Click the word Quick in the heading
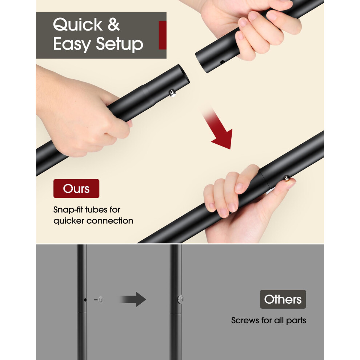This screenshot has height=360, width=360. pos(77,25)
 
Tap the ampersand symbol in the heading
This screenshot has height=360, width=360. pos(114,24)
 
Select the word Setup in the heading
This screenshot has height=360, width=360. pos(119,44)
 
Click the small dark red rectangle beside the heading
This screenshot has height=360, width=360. pos(162,35)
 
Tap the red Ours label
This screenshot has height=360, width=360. pos(76,188)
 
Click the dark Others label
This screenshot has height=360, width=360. pos(283,299)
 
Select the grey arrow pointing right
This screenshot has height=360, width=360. pos(133,299)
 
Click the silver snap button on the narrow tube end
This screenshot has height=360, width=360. pos(172,93)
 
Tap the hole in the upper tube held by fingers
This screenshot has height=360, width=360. pos(222,62)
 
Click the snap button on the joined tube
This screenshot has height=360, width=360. pos(286,178)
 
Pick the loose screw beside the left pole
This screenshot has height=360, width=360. pos(99,300)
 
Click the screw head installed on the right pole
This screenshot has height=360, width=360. pos(181,299)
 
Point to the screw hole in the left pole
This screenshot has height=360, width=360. pos(85,300)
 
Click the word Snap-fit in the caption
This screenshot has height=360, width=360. pos(69,209)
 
